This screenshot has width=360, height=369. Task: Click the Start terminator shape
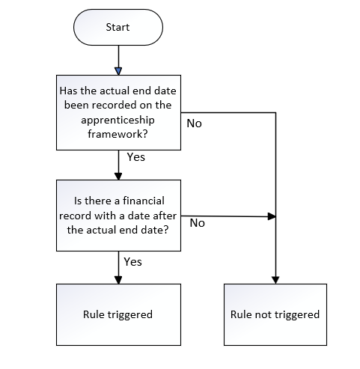click(x=118, y=27)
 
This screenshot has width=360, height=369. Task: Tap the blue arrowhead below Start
click(x=118, y=71)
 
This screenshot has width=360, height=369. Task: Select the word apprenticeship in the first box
click(x=118, y=121)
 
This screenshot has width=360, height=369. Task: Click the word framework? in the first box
click(x=118, y=134)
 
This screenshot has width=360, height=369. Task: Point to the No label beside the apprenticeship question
click(x=194, y=123)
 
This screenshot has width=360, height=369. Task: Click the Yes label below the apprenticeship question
click(x=136, y=157)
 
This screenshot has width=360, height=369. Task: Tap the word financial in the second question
click(x=144, y=201)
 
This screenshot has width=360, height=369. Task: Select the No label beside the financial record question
click(x=197, y=223)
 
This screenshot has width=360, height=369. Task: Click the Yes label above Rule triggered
click(x=133, y=262)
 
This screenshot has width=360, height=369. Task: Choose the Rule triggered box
click(x=118, y=314)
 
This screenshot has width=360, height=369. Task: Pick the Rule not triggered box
click(x=275, y=314)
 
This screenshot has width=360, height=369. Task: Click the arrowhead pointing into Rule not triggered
click(x=275, y=280)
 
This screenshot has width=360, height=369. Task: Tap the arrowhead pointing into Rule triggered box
click(x=118, y=280)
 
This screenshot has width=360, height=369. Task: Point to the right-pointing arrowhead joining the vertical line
click(x=272, y=216)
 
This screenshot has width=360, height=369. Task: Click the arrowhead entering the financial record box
click(x=118, y=176)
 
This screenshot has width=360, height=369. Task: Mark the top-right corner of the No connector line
click(x=275, y=113)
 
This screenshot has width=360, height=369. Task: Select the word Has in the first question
click(x=69, y=91)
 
